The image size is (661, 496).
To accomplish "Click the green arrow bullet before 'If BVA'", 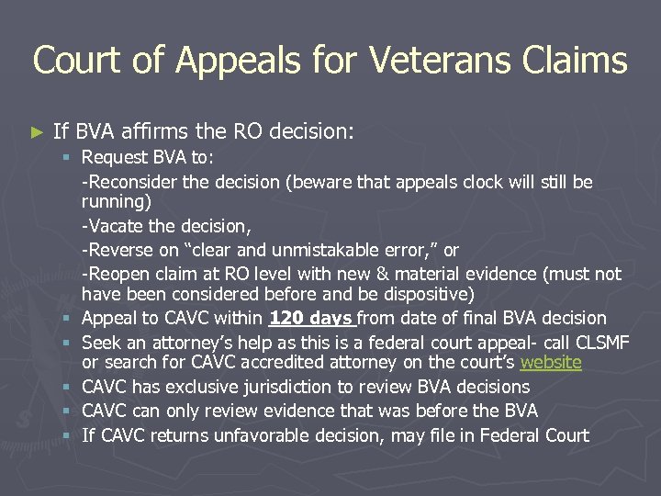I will tap(37, 132).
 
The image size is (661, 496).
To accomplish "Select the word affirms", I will tap(168, 131).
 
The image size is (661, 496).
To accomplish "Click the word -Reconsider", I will tap(131, 182).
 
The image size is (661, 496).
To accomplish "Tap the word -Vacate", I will tap(114, 226).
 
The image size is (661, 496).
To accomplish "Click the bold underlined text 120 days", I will tap(310, 319).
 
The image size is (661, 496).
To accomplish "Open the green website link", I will tap(550, 362).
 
